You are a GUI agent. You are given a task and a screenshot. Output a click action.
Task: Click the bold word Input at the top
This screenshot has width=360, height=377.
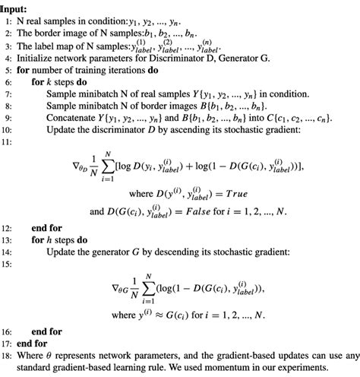point(17,5)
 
